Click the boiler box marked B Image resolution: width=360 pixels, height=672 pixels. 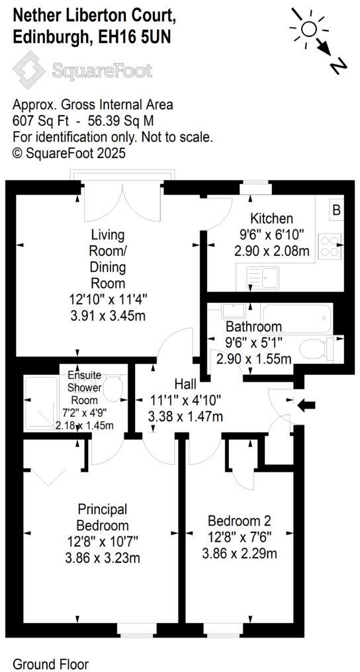336,211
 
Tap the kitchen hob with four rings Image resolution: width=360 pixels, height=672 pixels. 328,246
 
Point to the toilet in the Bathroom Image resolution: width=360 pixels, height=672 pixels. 319,348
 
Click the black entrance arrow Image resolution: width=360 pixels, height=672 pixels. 308,405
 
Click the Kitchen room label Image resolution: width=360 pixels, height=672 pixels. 271,219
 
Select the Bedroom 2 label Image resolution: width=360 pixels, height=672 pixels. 239,521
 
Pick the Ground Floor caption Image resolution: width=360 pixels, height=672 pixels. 51,663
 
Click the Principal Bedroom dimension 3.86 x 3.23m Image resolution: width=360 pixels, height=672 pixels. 103,558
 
